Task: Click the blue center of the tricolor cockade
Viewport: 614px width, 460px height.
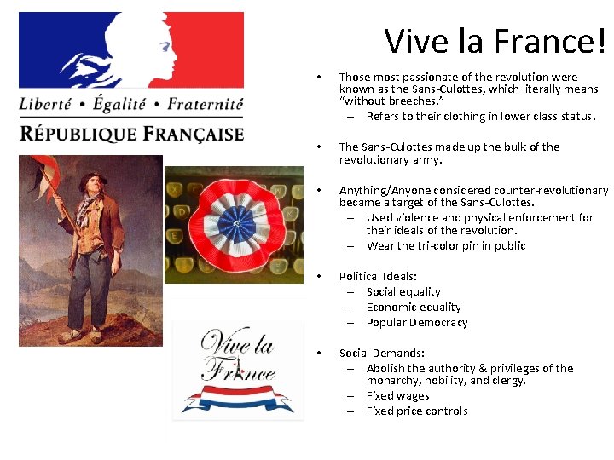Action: (x=232, y=224)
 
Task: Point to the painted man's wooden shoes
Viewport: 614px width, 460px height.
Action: (x=85, y=334)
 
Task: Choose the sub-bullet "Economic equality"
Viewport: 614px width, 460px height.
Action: (x=414, y=307)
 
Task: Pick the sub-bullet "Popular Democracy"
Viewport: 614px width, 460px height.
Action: (x=417, y=322)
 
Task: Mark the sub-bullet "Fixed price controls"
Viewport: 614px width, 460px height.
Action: (x=417, y=411)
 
